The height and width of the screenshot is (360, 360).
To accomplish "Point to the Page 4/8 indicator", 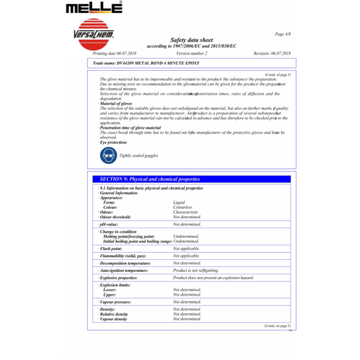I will pos(283,35).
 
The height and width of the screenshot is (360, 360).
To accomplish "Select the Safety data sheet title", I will pos(191,40).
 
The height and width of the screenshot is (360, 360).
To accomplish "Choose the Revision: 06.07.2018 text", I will pos(272,53).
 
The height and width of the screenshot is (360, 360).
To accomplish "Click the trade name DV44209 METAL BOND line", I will pos(142,62).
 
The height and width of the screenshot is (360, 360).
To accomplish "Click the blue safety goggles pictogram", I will pos(109,156).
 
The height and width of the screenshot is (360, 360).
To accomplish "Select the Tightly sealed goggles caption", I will pos(139,156).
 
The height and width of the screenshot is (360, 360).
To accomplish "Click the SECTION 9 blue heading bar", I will pos(192,179).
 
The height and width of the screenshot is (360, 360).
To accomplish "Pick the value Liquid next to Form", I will pos(178,203).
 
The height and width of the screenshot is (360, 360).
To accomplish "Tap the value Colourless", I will pos(182,208).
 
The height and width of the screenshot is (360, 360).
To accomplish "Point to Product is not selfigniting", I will pos(196,271).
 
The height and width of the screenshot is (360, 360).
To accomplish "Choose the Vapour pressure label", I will pos(117,302).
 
